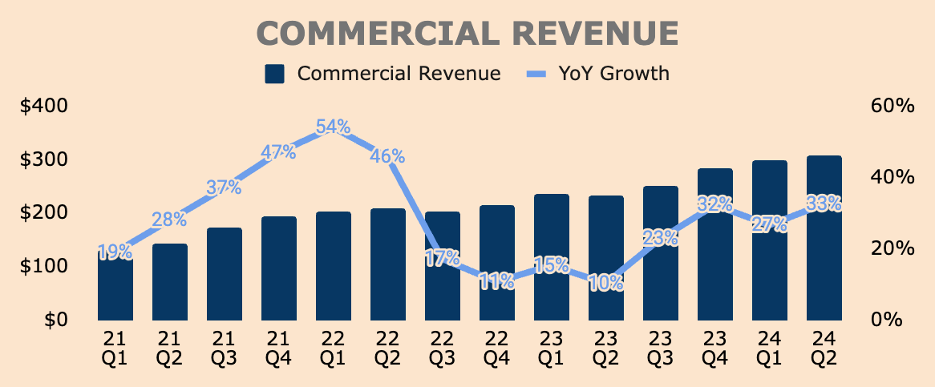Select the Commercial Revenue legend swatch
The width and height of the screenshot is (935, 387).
point(275,74)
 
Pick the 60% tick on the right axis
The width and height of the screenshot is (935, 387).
point(891,106)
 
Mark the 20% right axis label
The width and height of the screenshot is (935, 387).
point(891,248)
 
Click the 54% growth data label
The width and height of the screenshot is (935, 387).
point(333,127)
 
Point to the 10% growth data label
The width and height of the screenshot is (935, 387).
point(605,282)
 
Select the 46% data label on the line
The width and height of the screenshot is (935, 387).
point(387,157)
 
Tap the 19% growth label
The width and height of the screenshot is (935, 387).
point(115,253)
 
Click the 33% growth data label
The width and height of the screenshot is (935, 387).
point(824,204)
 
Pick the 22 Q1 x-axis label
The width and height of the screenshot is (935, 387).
point(333,350)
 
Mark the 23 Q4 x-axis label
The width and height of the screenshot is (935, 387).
point(715,350)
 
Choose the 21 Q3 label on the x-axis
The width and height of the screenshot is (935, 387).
point(224,350)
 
